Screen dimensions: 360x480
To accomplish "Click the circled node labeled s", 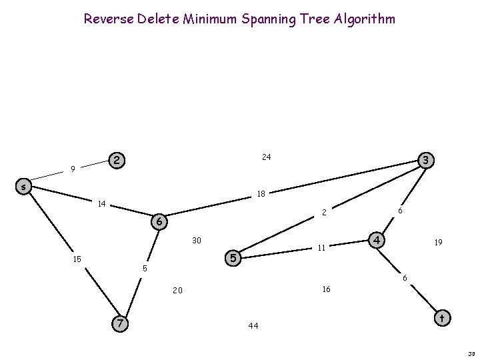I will [23, 187].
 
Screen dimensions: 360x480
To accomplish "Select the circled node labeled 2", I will [117, 161].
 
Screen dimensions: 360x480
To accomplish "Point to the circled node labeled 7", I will [119, 323].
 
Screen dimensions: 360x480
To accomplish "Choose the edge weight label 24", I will [266, 157].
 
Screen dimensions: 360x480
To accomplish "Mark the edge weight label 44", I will [253, 326].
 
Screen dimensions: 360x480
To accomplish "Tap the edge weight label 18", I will [261, 195].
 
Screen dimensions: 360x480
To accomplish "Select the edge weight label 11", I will [321, 248].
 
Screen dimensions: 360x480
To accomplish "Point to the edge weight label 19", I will [437, 244].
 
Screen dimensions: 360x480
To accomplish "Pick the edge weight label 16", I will [326, 289].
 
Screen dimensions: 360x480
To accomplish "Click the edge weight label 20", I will [177, 291].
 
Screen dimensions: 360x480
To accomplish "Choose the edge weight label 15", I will [77, 259].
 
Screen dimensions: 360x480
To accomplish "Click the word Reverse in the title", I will [107, 19].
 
